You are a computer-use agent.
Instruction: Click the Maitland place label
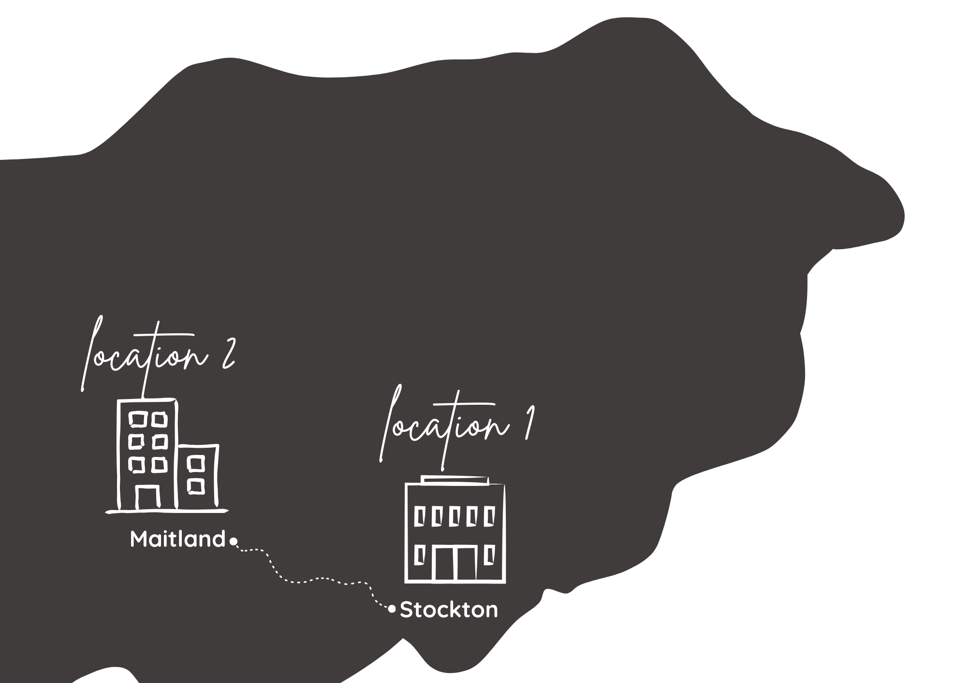pos(177,539)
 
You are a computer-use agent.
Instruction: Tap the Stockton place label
pos(449,610)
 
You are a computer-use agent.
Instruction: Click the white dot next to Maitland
pos(233,542)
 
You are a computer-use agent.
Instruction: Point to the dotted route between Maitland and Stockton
pos(314,579)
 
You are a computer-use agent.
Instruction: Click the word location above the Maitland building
pos(145,357)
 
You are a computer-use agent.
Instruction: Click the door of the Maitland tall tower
pos(147,498)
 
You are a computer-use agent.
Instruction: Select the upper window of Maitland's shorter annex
pos(196,464)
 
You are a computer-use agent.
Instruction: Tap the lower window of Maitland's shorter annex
pos(196,486)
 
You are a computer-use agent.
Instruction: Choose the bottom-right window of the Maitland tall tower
pos(159,465)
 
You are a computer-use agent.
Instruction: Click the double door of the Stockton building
pos(454,563)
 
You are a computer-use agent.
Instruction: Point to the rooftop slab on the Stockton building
pos(454,480)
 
